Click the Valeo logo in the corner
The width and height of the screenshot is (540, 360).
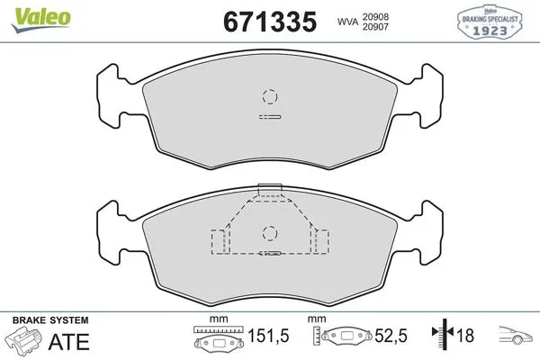pyautogui.click(x=40, y=19)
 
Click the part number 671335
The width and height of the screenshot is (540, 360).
pyautogui.click(x=270, y=22)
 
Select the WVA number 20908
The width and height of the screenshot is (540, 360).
pyautogui.click(x=375, y=16)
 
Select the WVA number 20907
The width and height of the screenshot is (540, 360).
pyautogui.click(x=375, y=27)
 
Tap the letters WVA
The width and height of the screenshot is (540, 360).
pyautogui.click(x=347, y=22)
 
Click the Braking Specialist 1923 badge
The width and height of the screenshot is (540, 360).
pyautogui.click(x=490, y=22)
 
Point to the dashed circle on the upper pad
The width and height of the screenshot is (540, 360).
pyautogui.click(x=270, y=96)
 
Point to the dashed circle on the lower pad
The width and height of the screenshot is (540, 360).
pyautogui.click(x=270, y=234)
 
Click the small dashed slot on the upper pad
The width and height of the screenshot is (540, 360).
pyautogui.click(x=270, y=117)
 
